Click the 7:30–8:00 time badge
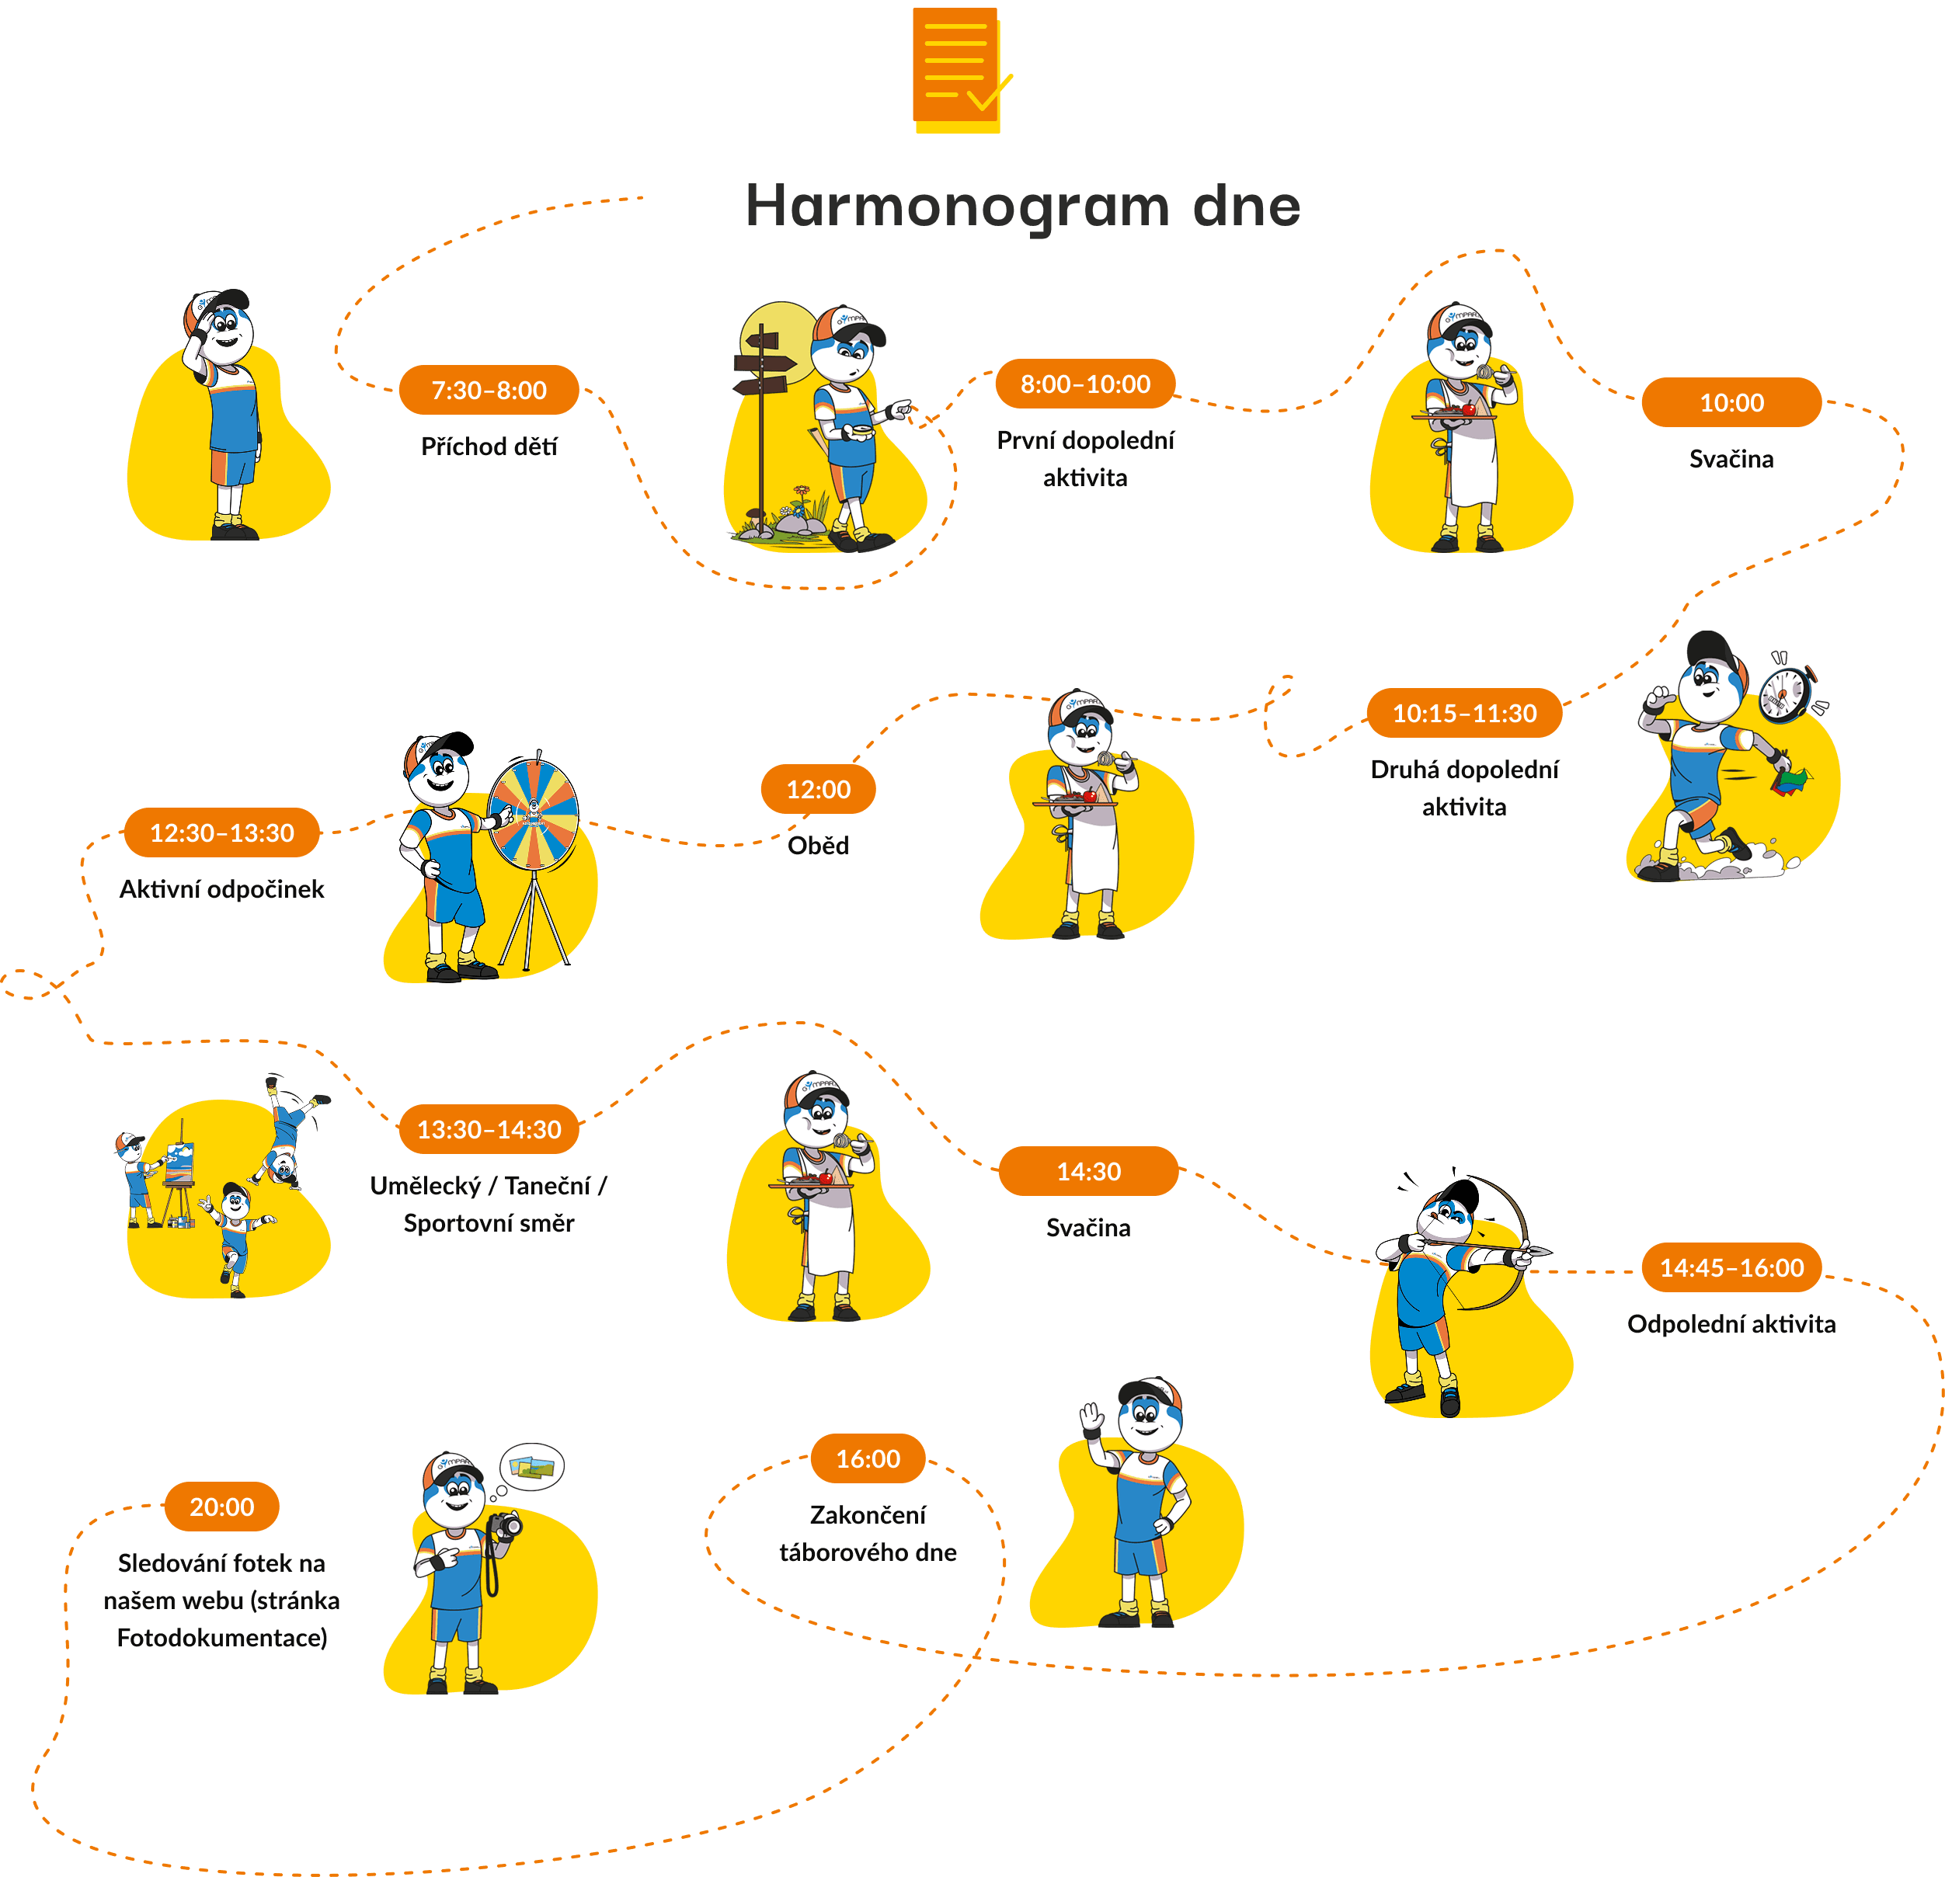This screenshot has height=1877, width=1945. point(489,390)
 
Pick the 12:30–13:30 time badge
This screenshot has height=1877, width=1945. point(221,832)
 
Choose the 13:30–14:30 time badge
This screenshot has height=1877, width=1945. point(489,1129)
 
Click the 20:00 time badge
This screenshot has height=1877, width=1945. point(221,1506)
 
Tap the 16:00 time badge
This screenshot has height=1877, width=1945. point(868,1458)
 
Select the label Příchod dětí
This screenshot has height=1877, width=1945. point(489,447)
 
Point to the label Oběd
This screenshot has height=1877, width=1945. point(818,845)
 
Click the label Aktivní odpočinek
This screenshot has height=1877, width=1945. point(221,889)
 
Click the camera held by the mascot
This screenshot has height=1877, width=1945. point(506,1526)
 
